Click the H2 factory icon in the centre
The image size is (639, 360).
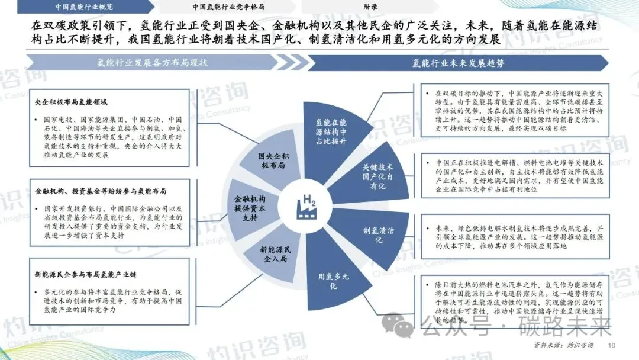coord(308,205)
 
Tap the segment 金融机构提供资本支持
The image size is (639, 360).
coord(251,208)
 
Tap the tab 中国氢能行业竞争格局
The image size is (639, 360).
coord(228,7)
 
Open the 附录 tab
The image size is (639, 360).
coord(371,7)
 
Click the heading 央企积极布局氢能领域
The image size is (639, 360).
coord(72,102)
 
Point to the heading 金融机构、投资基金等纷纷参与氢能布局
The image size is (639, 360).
coord(101,191)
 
